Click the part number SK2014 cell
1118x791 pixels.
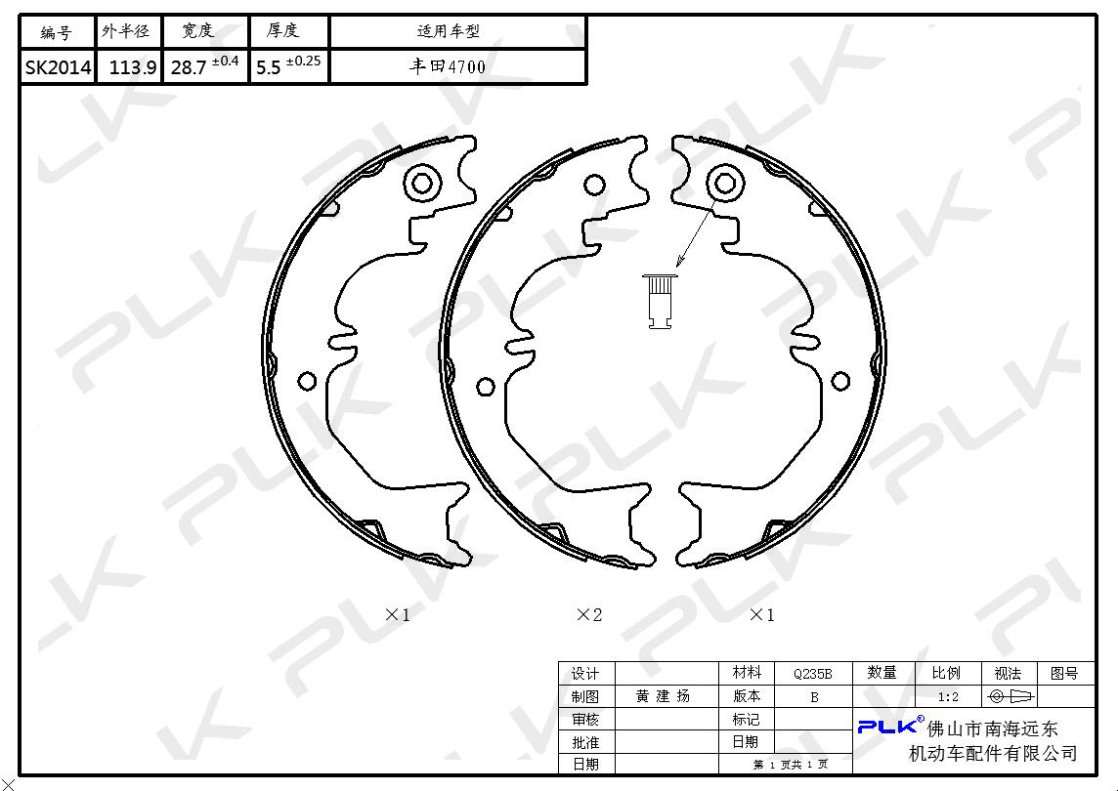(58, 67)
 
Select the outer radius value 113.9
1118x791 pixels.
(133, 67)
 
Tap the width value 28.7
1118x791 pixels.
(189, 67)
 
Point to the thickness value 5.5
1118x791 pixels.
(268, 67)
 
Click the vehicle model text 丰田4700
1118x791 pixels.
(448, 67)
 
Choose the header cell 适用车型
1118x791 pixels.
(449, 30)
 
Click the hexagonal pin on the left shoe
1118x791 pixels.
(422, 184)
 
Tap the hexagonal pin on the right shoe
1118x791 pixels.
(725, 183)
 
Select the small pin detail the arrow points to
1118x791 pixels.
(661, 302)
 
